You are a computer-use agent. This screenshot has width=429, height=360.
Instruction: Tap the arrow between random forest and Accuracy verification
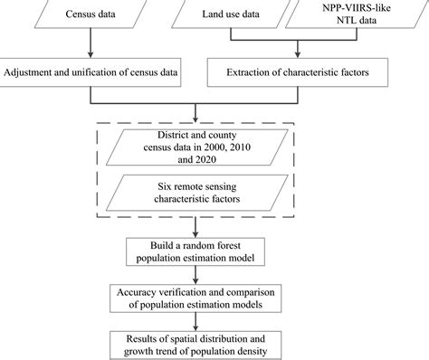click(x=196, y=275)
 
